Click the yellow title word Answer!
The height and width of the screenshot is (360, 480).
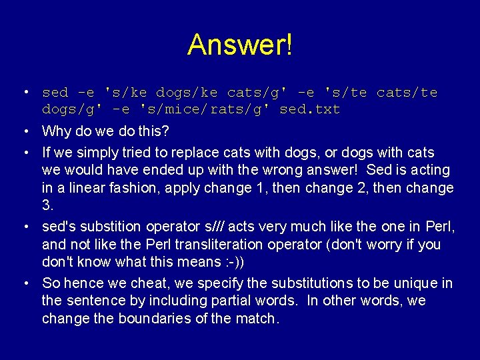239,45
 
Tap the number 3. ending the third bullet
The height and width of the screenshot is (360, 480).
47,205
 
